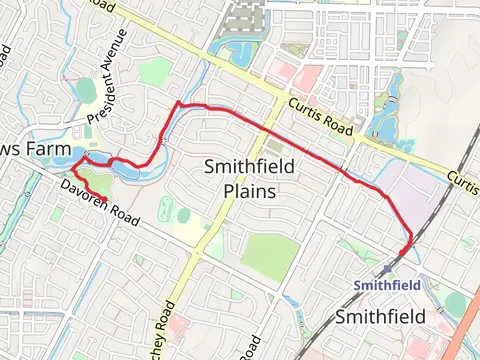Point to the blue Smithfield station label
[x=388, y=285]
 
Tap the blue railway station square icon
[x=386, y=268]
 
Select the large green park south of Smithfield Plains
[x=269, y=256]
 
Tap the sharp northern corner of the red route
[x=177, y=103]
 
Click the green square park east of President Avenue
[x=156, y=72]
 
